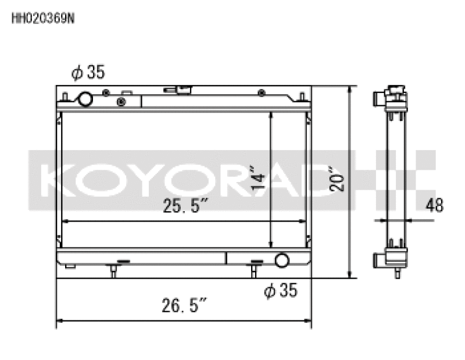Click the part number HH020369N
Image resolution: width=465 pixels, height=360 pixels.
43,17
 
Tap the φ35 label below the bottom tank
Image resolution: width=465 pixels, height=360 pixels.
280,290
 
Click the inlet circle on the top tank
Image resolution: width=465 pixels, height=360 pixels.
85,99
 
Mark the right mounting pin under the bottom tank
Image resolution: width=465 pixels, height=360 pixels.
253,269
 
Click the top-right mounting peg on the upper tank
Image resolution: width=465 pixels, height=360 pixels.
302,96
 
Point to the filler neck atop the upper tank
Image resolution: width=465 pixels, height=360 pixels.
178,90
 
